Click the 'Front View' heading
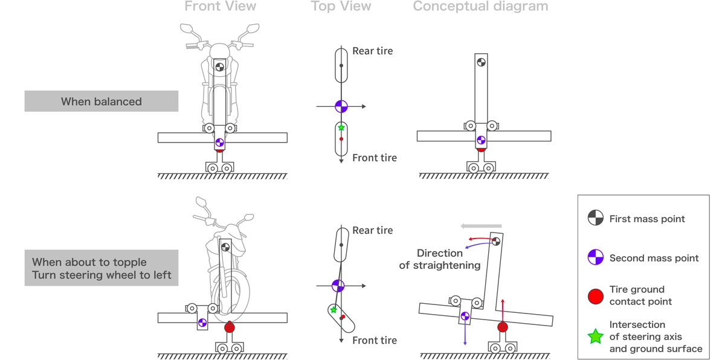click(220, 7)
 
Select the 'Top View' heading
click(341, 7)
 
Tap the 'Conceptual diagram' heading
click(480, 7)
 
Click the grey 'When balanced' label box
click(101, 101)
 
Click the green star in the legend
click(596, 336)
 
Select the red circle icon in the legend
click(596, 296)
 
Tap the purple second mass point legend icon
click(596, 258)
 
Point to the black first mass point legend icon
click(596, 219)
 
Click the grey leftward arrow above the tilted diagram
click(480, 226)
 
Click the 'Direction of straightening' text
click(440, 259)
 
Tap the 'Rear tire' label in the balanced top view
click(372, 51)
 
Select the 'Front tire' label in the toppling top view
click(375, 341)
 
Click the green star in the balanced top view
click(341, 127)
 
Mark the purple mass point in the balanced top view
click(341, 106)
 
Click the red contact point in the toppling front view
click(229, 327)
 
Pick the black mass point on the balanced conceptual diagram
click(481, 61)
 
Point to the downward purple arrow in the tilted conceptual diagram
click(465, 332)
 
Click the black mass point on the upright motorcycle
click(220, 67)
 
